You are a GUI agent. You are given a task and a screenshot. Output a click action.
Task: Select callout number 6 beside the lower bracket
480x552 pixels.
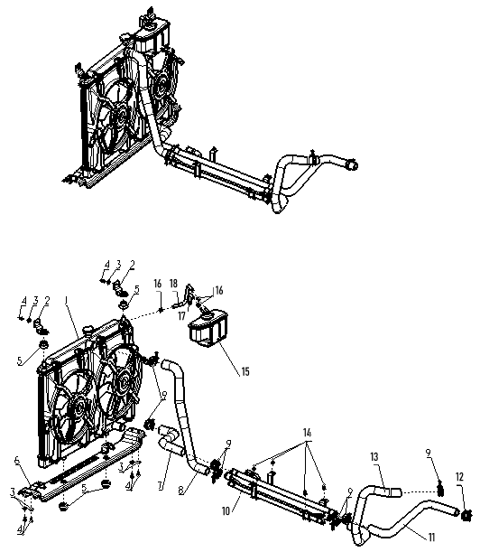[16, 460]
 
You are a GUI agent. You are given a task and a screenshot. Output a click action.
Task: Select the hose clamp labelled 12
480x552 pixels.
[466, 515]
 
